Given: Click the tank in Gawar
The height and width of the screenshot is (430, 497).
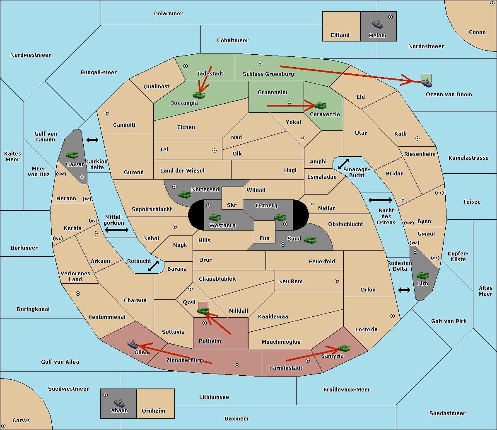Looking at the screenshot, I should point(72,155).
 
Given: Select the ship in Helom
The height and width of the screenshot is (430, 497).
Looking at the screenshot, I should point(377,24).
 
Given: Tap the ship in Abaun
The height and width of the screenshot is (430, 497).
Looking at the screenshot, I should point(119,403).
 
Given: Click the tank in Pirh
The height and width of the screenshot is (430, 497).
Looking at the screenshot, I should point(423,276).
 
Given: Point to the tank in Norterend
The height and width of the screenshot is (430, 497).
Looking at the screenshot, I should point(185,194).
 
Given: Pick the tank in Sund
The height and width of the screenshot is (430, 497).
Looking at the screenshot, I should point(310,240).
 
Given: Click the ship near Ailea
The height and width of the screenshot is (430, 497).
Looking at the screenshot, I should point(133,344).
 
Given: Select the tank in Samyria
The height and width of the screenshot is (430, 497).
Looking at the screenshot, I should point(344,348).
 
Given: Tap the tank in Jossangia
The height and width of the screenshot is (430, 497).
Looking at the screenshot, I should point(199,95).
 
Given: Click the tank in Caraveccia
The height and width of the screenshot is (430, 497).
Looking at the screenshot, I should point(320,106).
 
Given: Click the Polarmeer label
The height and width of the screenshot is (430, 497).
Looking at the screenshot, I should point(168,14).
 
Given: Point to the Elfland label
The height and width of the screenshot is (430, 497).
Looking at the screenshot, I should point(340,35).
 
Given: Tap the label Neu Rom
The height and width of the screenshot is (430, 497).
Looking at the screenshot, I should point(290,282).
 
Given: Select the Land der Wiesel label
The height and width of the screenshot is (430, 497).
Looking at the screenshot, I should point(182,170).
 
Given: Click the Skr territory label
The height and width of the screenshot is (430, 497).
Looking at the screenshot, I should point(232,205).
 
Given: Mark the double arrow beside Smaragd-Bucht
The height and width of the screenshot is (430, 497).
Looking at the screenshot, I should point(343,164).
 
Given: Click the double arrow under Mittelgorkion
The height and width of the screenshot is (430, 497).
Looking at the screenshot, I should point(117,230).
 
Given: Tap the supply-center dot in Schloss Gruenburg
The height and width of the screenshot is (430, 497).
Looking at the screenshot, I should point(260,64).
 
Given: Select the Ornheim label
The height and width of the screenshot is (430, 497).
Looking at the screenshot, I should point(153,411).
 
